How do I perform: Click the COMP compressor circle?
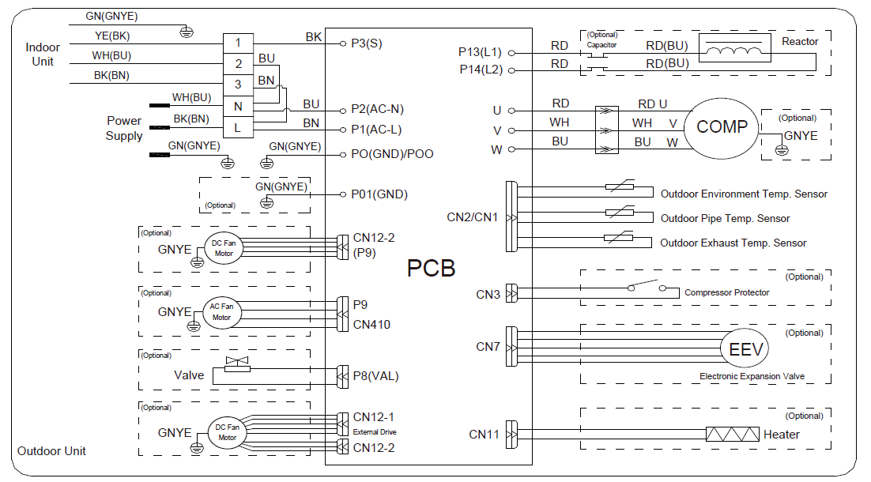(722, 127)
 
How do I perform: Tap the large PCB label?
(431, 268)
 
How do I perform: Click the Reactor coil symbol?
(736, 52)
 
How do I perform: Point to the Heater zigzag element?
(732, 434)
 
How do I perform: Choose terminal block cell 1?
(238, 43)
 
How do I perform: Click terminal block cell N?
(238, 106)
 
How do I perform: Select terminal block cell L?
(238, 127)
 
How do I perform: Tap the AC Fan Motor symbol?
(221, 312)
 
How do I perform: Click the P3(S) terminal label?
(367, 43)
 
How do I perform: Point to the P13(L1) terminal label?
(480, 51)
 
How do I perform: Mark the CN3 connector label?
(488, 294)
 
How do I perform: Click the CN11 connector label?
(485, 434)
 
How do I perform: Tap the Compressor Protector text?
(727, 292)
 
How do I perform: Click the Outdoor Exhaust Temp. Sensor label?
(733, 243)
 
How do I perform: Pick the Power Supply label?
(124, 128)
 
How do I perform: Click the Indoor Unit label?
(43, 55)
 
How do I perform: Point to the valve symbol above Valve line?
(236, 364)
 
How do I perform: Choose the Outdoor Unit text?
(51, 450)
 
